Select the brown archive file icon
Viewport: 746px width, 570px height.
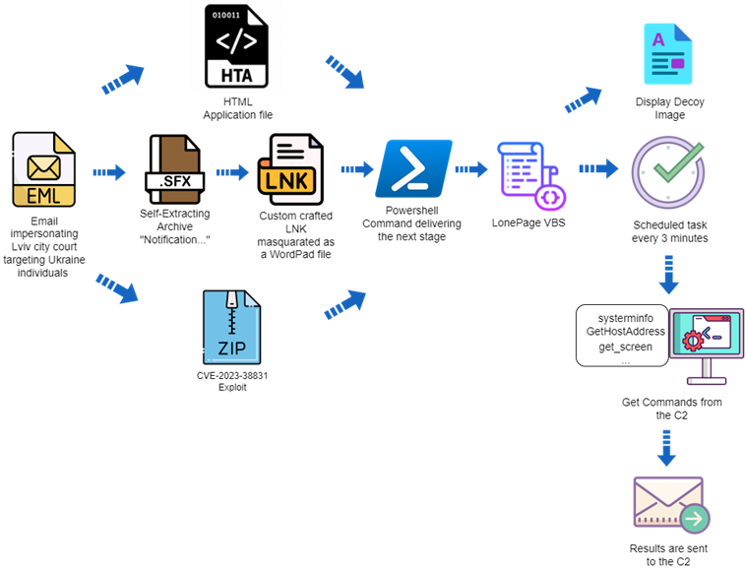(174, 170)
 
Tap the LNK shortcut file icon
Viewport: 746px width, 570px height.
(290, 170)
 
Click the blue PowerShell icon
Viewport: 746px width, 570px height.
(413, 169)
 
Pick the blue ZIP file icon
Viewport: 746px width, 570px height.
(232, 327)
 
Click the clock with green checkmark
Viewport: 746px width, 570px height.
(667, 169)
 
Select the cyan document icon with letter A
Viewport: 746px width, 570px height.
(667, 55)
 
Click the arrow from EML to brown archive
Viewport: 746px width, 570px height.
(109, 172)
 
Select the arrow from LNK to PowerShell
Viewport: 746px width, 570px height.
(357, 170)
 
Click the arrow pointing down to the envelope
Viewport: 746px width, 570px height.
(667, 448)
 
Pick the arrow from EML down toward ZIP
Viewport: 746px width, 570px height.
(117, 287)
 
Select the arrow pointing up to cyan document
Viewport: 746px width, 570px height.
(583, 99)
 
